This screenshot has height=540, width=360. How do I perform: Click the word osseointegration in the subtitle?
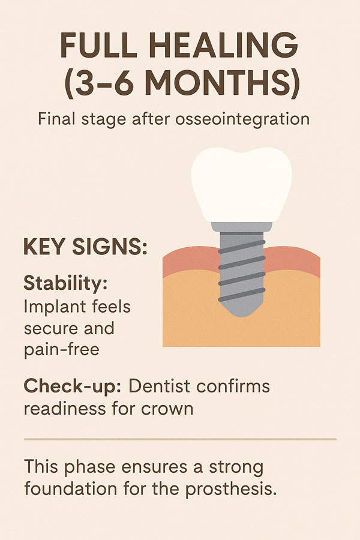click(242, 119)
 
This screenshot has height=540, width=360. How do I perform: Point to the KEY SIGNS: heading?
click(85, 247)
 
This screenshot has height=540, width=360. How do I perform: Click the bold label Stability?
click(65, 283)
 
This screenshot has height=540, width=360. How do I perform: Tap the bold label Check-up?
click(73, 386)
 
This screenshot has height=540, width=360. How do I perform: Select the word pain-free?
click(62, 350)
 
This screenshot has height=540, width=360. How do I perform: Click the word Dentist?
click(159, 386)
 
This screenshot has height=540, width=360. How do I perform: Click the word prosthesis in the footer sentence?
click(231, 490)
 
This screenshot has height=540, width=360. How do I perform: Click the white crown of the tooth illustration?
click(241, 184)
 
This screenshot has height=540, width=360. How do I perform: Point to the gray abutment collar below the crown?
click(241, 227)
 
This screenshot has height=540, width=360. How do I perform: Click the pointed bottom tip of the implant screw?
click(242, 316)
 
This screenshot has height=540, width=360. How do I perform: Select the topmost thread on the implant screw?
click(241, 247)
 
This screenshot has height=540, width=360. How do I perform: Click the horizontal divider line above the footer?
click(180, 439)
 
